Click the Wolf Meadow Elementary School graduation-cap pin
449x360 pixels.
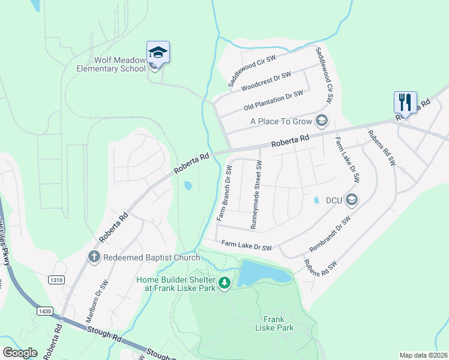point(158,53)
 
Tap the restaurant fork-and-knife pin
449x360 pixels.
point(405,103)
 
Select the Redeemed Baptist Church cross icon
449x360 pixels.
point(94,257)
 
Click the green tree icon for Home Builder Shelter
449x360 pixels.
point(224,283)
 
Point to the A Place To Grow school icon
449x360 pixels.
point(322,121)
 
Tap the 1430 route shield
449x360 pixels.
point(44,311)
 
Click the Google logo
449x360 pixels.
point(20,353)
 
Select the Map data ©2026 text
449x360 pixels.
point(423,355)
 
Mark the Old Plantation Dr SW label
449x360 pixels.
point(273,101)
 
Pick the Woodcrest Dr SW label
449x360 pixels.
point(266,82)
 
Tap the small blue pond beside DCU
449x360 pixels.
point(316,200)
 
